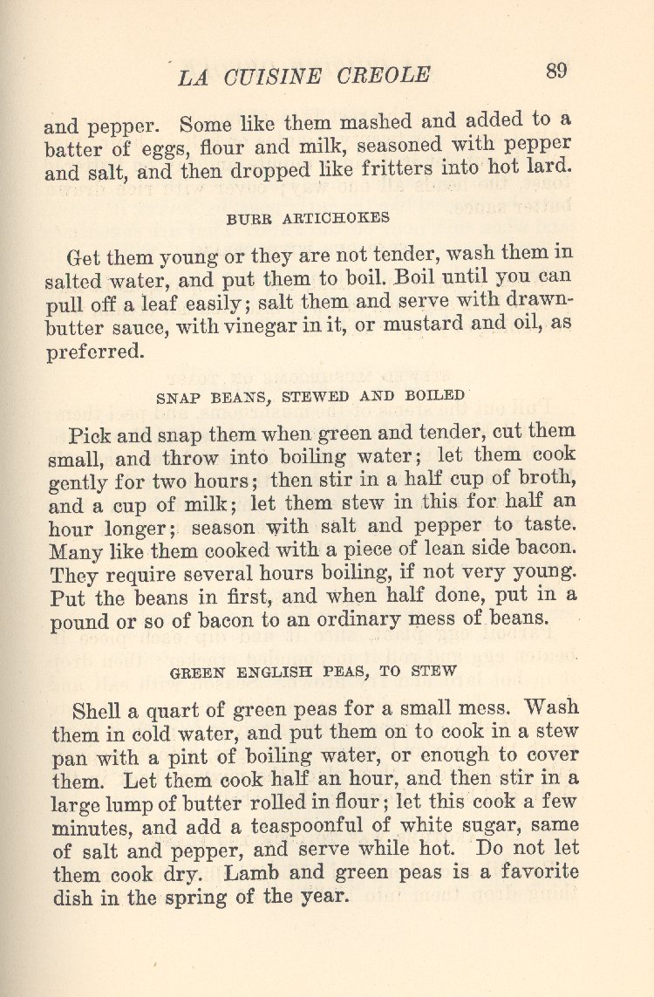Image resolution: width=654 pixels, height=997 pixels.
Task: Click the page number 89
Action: [x=557, y=71]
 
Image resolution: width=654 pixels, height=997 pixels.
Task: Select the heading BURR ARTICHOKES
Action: [x=308, y=219]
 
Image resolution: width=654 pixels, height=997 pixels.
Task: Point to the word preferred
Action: [x=94, y=353]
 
